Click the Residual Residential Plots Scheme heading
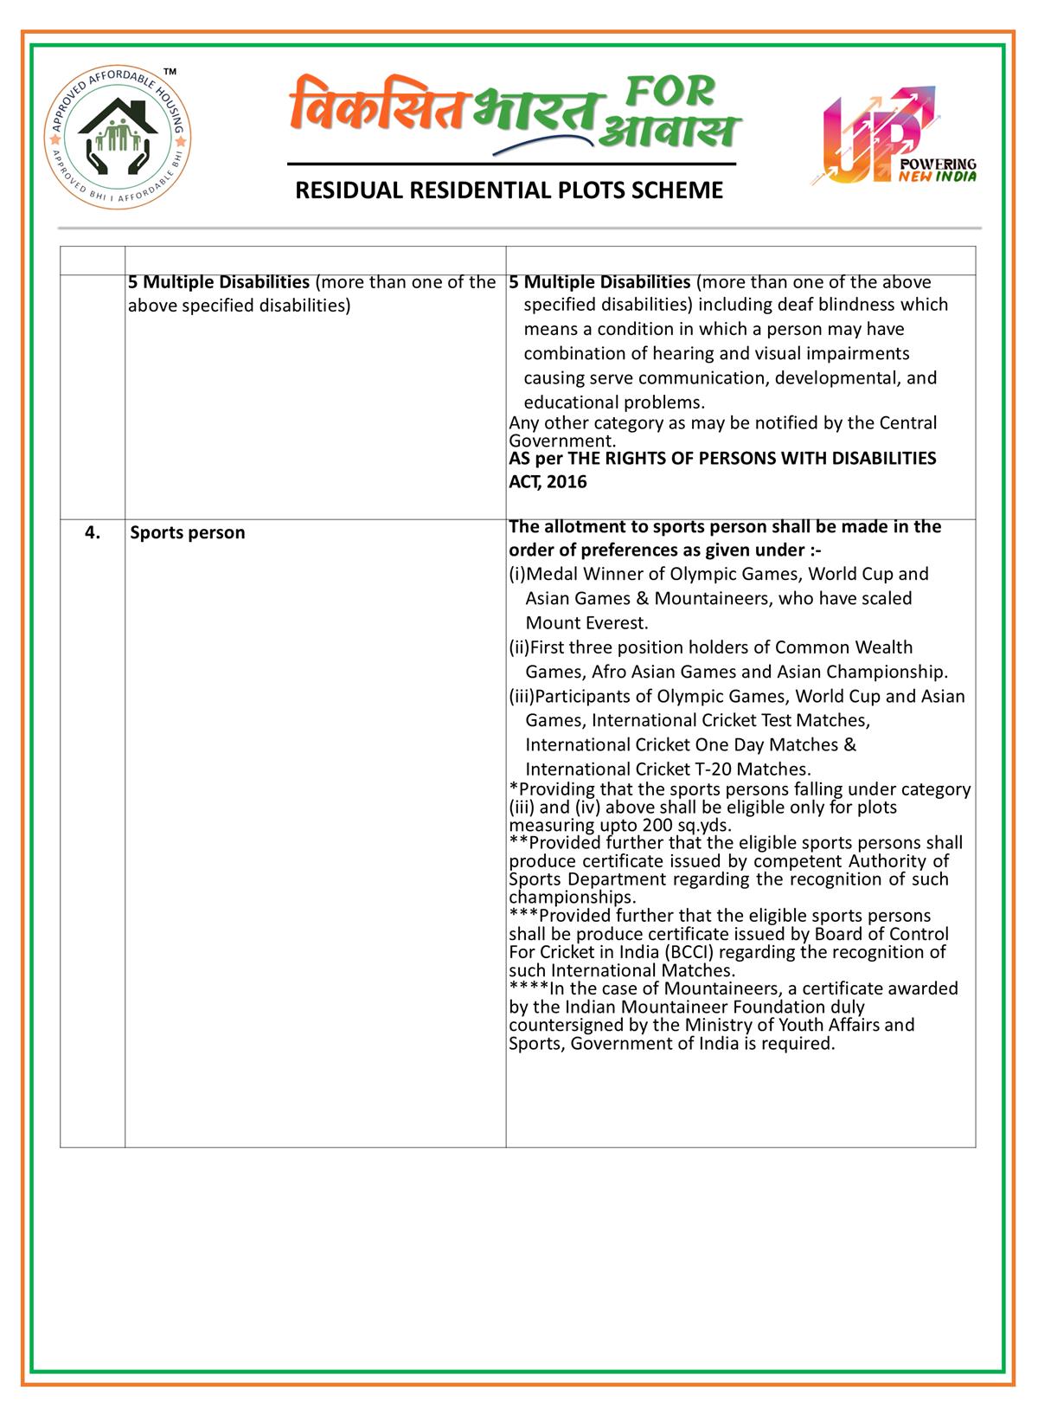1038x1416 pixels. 509,190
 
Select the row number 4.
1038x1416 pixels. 92,532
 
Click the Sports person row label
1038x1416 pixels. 188,532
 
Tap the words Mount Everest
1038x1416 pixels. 586,622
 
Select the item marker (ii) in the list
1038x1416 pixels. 518,647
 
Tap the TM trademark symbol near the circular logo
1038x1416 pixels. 170,70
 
